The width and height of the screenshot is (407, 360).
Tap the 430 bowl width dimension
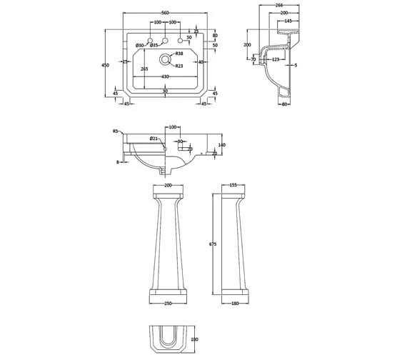(x=166, y=76)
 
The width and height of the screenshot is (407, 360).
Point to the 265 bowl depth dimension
(x=144, y=69)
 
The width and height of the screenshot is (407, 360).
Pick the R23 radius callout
(x=179, y=65)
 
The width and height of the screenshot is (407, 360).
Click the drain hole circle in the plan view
(x=166, y=60)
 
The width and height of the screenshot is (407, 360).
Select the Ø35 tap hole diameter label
(x=154, y=46)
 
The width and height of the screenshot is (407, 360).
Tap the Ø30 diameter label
(x=140, y=46)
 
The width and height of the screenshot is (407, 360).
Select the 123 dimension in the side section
(x=275, y=60)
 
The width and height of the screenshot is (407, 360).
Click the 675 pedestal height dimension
(x=212, y=244)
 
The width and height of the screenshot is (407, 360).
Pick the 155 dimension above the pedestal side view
(x=233, y=185)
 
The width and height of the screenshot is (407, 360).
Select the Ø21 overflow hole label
(x=154, y=138)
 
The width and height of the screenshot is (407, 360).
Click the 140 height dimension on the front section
(x=221, y=145)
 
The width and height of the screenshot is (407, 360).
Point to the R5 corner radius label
(x=115, y=131)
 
